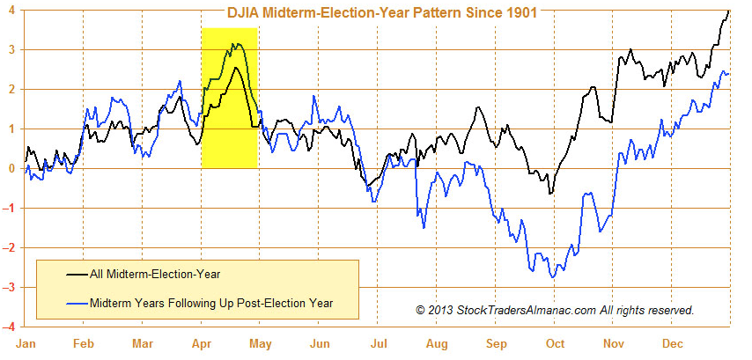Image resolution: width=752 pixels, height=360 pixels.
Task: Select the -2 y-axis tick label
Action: [x=8, y=248]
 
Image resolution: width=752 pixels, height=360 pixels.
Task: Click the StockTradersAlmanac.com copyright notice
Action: [x=555, y=310]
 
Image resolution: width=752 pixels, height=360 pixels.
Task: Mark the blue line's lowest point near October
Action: [x=553, y=278]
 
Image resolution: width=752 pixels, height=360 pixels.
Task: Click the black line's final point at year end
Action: [x=729, y=11]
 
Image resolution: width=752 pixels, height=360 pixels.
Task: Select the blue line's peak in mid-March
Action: [x=179, y=82]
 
